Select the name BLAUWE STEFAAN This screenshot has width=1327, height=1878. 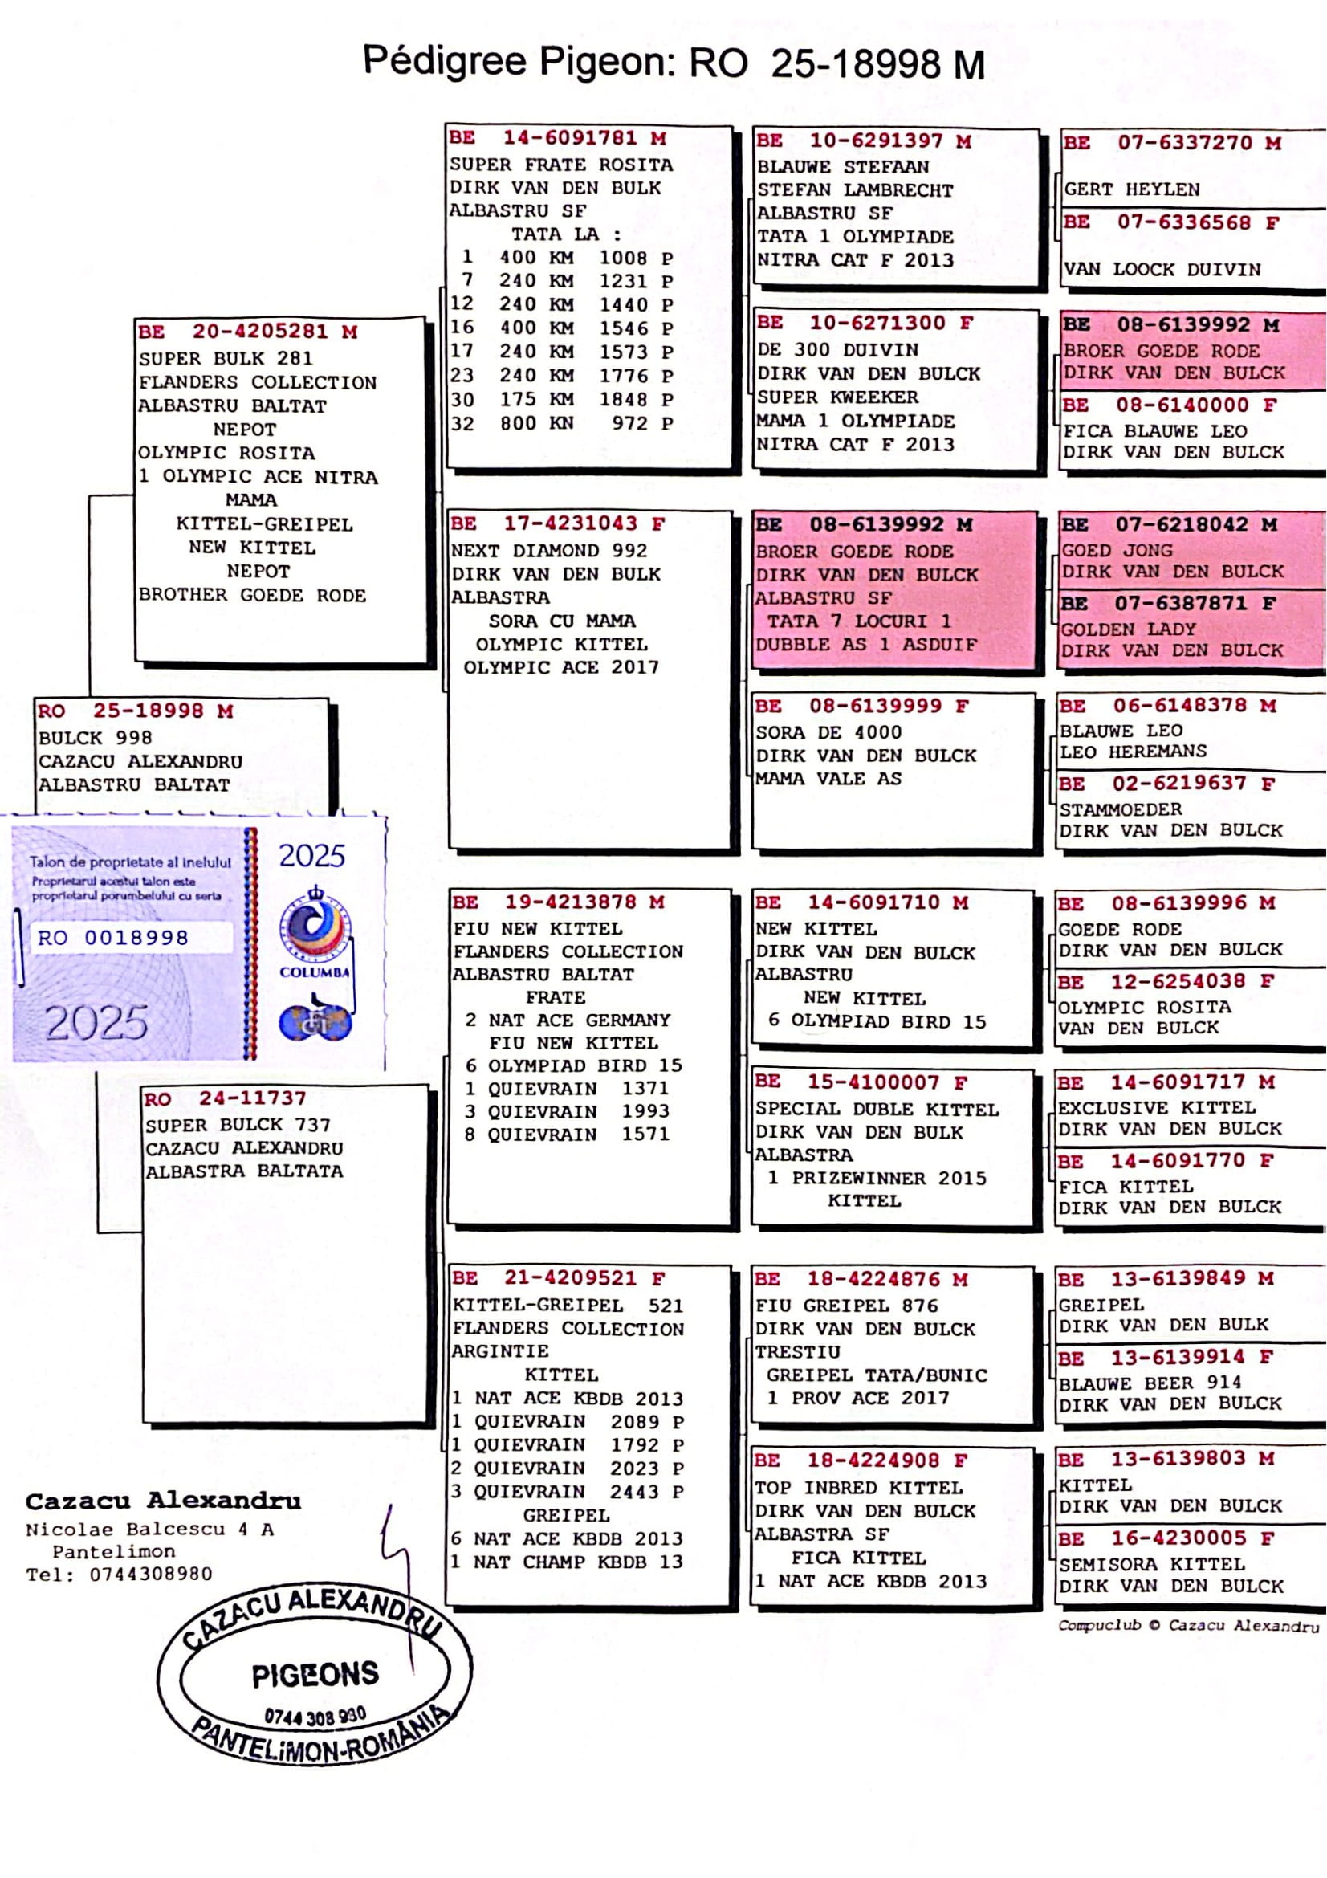click(x=842, y=167)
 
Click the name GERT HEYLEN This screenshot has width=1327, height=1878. click(x=1132, y=189)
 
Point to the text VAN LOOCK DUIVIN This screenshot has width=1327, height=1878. click(x=1162, y=269)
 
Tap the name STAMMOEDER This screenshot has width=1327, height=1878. click(x=1120, y=809)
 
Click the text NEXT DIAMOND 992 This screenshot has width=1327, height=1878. click(x=548, y=551)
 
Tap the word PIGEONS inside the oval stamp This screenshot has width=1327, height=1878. click(x=315, y=1674)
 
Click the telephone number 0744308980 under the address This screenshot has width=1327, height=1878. click(x=150, y=1574)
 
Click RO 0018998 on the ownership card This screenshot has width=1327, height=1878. click(x=113, y=937)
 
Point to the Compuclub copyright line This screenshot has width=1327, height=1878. click(x=1188, y=1625)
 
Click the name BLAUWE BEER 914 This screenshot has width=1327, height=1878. click(x=1150, y=1383)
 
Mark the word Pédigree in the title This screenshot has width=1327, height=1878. click(x=445, y=61)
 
